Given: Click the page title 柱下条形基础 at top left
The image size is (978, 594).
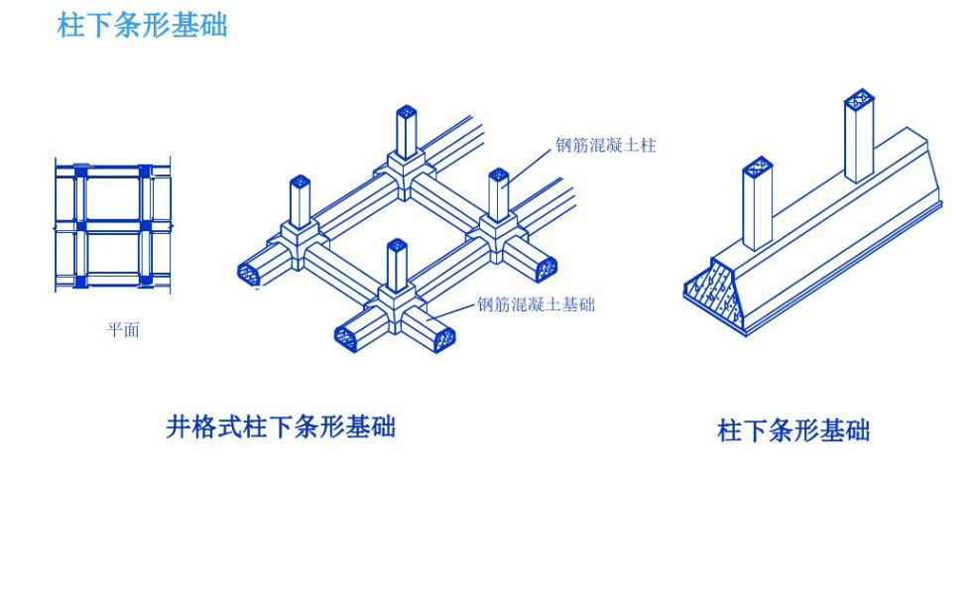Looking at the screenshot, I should click(143, 25).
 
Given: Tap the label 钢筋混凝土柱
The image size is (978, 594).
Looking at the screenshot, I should click(606, 146).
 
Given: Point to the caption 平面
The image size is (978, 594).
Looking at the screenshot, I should click(123, 330).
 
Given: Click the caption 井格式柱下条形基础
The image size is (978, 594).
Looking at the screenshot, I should click(281, 426).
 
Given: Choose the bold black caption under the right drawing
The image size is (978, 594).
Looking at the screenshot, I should click(793, 430).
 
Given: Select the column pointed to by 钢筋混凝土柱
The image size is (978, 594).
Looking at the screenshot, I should click(498, 192).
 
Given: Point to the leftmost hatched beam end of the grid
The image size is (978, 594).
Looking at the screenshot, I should click(249, 271).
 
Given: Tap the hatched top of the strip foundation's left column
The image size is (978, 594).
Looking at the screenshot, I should click(758, 165).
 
